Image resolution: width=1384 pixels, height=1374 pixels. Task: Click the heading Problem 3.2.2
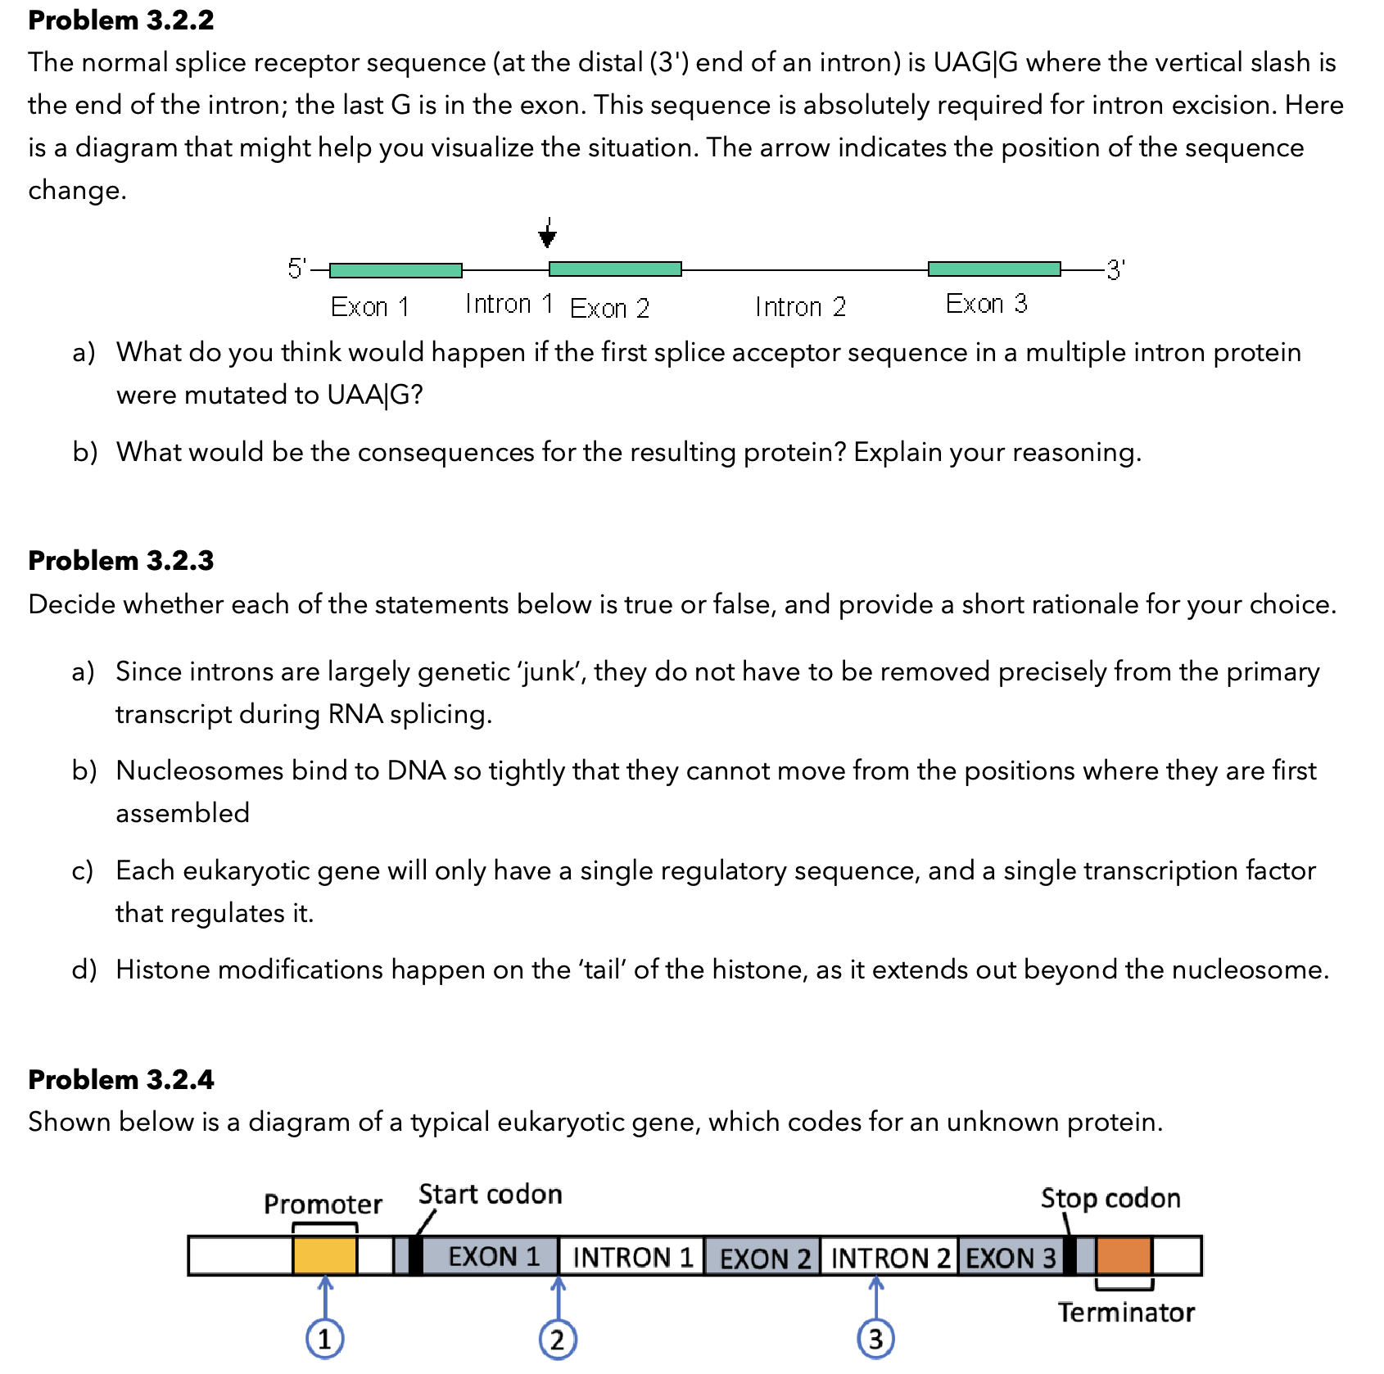click(120, 20)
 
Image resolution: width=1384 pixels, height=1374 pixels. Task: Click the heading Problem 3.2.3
click(120, 560)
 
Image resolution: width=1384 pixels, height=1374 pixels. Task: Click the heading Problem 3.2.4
click(120, 1079)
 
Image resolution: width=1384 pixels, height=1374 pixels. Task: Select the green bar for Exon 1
click(396, 269)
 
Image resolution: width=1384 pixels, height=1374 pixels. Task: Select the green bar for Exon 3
click(994, 269)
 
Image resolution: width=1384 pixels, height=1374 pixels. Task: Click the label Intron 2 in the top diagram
click(800, 307)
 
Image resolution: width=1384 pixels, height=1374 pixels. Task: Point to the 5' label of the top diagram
click(296, 268)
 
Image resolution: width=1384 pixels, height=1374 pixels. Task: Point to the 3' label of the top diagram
click(1115, 269)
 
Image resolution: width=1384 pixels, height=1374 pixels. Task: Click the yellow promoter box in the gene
click(325, 1255)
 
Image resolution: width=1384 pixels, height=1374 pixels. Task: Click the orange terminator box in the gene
click(1124, 1255)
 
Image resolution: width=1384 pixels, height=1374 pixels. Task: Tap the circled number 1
click(325, 1340)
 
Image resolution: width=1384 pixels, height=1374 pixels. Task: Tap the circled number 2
click(558, 1340)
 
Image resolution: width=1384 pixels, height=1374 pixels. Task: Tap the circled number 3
click(875, 1339)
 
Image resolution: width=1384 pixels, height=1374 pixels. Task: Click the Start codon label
click(490, 1194)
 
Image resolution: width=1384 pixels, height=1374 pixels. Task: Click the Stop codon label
click(1110, 1198)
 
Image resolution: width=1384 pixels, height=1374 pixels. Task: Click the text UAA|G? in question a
click(375, 395)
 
